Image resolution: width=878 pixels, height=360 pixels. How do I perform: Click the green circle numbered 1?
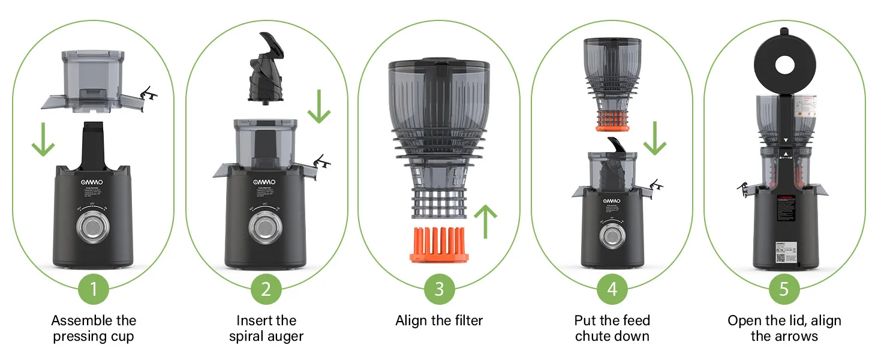(94, 289)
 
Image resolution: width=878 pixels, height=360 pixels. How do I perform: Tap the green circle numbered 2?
(266, 289)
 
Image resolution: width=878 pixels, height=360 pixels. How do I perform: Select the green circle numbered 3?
(439, 289)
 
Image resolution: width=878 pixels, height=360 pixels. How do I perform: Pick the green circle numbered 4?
(612, 289)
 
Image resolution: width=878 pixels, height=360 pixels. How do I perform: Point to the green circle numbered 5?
(784, 289)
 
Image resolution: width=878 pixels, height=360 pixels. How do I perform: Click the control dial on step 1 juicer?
(94, 229)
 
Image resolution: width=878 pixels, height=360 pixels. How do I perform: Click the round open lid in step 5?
(784, 65)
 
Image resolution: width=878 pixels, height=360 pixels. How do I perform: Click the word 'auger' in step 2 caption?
(284, 336)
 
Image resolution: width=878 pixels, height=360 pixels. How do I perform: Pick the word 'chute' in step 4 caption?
(594, 336)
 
